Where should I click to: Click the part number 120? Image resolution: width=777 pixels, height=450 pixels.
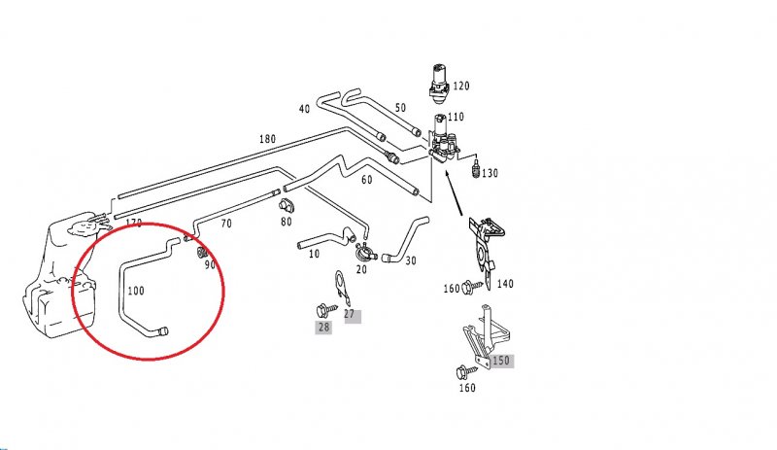coord(460,87)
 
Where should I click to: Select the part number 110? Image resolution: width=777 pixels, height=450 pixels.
coord(456,117)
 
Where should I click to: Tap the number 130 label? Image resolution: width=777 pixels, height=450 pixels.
coord(489,173)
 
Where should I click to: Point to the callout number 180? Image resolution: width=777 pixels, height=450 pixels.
coord(267,139)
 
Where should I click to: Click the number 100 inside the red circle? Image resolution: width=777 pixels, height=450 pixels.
coord(136,290)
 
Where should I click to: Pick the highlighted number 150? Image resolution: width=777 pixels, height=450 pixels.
coord(500,361)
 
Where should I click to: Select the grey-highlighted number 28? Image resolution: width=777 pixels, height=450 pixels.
coord(323,328)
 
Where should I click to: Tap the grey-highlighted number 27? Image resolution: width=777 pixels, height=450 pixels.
coord(351,315)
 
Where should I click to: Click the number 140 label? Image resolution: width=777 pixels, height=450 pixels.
coord(505,284)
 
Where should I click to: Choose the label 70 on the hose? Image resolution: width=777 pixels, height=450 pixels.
coord(226,225)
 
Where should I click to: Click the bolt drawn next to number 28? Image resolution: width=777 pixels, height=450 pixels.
coord(324,309)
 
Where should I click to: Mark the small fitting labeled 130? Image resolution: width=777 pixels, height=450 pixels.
coord(475,171)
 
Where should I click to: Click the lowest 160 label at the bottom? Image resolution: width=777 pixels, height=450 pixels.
coord(467,389)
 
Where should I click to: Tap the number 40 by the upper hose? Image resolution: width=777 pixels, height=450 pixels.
coord(304,108)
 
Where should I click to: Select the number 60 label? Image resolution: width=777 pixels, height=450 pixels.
coord(366,181)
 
